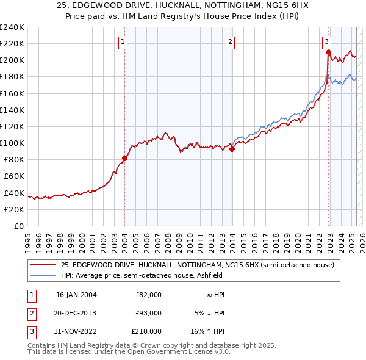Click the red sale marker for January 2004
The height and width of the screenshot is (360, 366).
[124, 158]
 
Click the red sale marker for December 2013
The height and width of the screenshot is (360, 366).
[232, 149]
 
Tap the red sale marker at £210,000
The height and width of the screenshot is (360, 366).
[328, 52]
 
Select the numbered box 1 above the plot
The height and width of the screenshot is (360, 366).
[123, 42]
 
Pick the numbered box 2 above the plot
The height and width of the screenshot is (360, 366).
[230, 42]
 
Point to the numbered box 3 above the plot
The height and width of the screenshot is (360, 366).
[327, 42]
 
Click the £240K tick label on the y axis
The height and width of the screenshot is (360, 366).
[12, 27]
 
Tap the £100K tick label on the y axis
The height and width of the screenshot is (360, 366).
[12, 143]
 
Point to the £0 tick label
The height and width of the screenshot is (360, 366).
[18, 226]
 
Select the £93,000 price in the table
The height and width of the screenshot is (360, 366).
[148, 313]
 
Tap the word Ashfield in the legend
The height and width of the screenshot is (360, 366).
[212, 275]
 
